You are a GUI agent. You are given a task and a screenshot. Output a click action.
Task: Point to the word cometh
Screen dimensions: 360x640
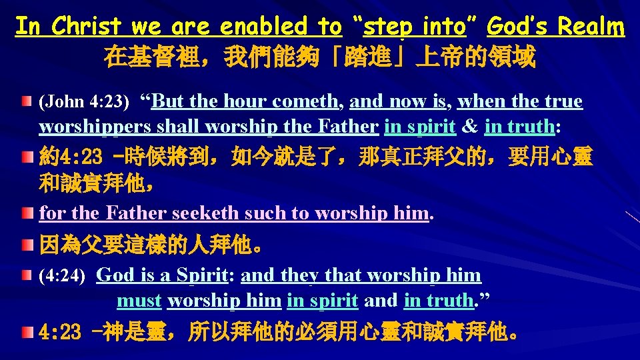(x=303, y=102)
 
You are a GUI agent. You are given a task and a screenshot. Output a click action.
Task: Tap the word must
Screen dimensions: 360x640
(x=139, y=301)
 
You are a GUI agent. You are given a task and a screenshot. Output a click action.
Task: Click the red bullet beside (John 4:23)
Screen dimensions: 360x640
(x=25, y=102)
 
